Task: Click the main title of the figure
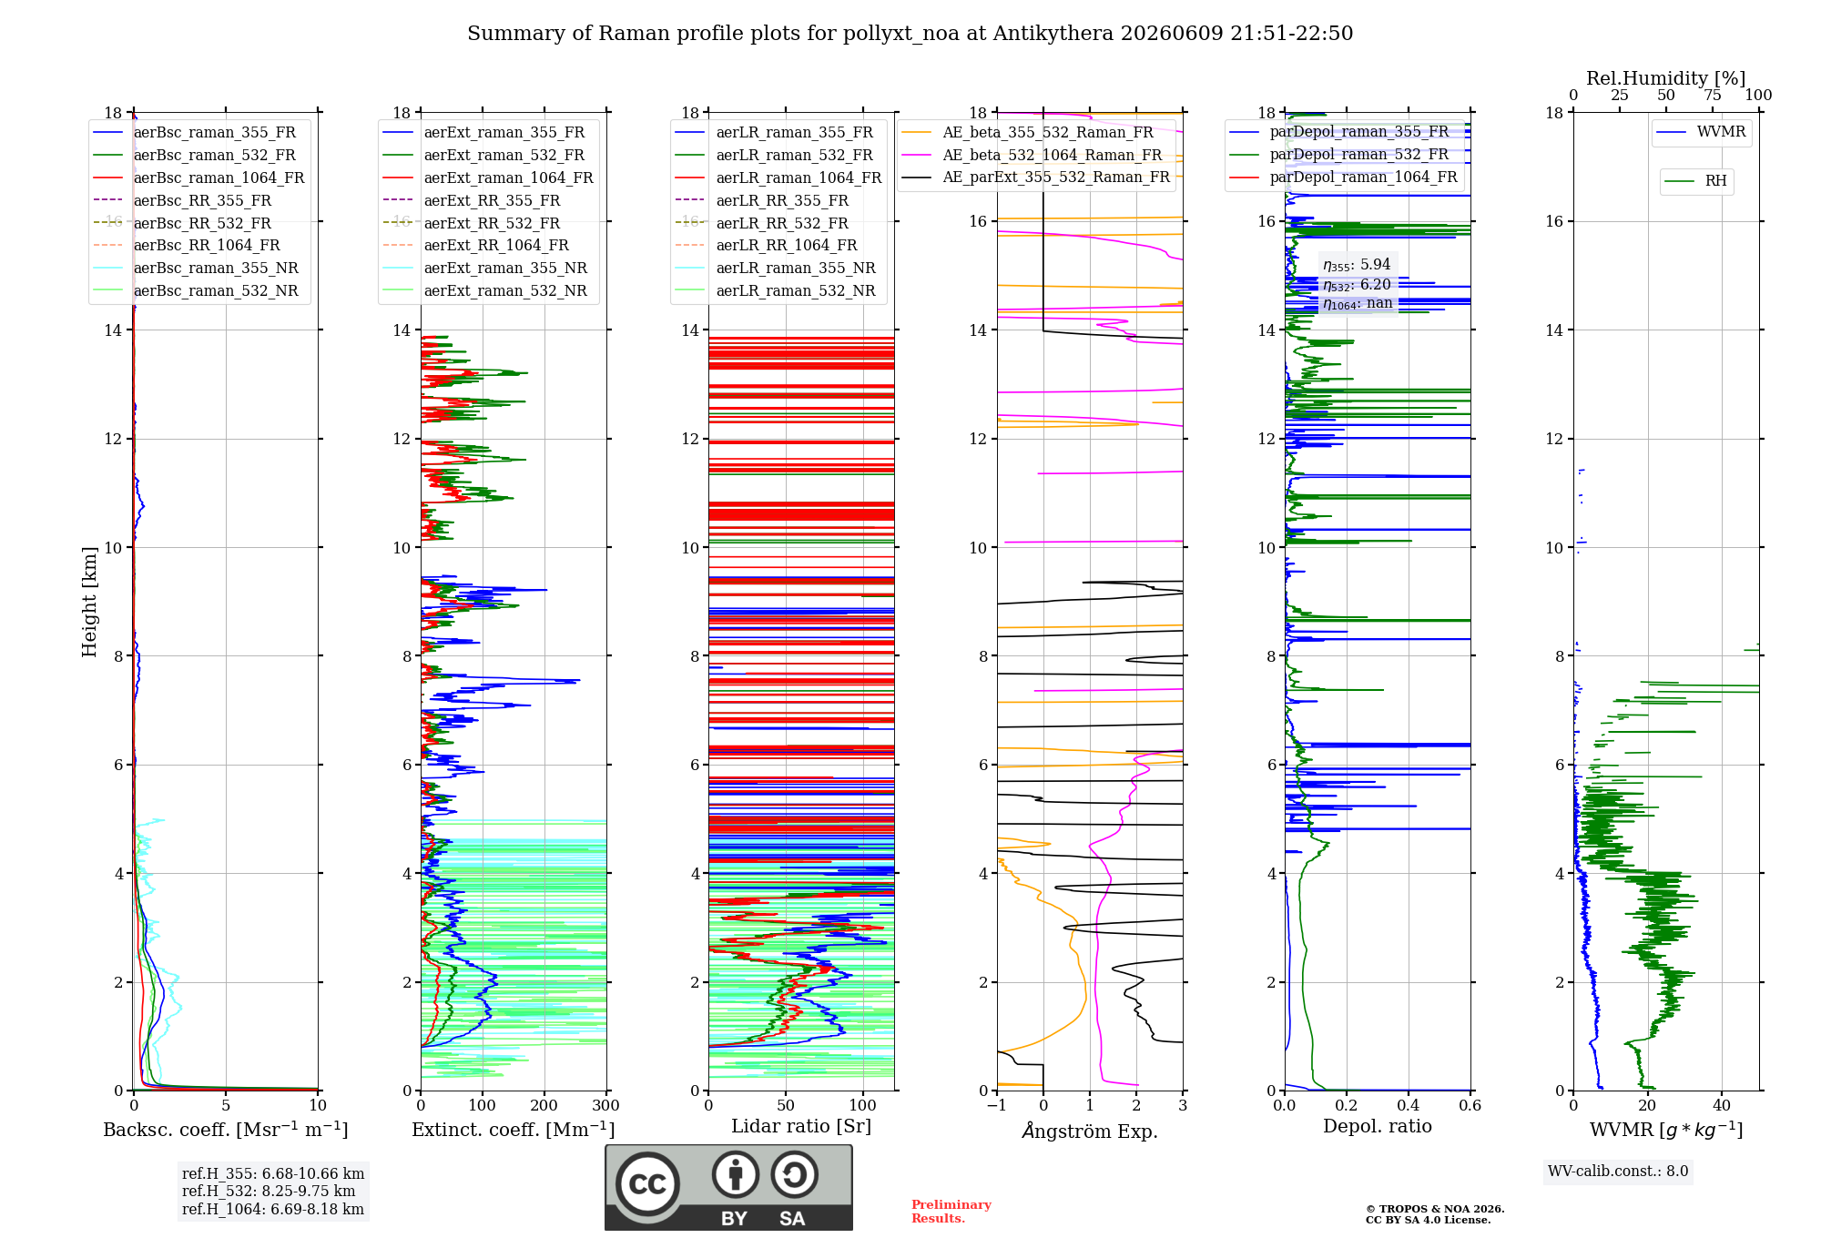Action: pyautogui.click(x=910, y=34)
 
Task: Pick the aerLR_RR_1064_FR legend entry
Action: pyautogui.click(x=778, y=245)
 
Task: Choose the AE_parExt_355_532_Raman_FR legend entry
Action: pyautogui.click(x=1036, y=177)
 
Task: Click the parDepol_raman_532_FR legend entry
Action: pyautogui.click(x=1339, y=154)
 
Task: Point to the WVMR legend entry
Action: pyautogui.click(x=1702, y=132)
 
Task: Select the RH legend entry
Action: pyautogui.click(x=1696, y=181)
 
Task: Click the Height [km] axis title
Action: pyautogui.click(x=89, y=602)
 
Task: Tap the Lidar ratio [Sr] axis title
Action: pyautogui.click(x=801, y=1126)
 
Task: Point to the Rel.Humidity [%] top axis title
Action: pyautogui.click(x=1666, y=78)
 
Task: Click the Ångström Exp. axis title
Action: pyautogui.click(x=1090, y=1131)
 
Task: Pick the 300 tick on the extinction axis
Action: pyautogui.click(x=605, y=1106)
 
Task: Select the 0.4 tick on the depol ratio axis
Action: pyautogui.click(x=1409, y=1106)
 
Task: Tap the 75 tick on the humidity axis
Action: pyautogui.click(x=1713, y=95)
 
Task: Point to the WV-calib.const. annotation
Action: pyautogui.click(x=1618, y=1172)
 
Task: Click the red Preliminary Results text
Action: pyautogui.click(x=951, y=1212)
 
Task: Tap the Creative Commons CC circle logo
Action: pyautogui.click(x=647, y=1184)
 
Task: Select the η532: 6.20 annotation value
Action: pyautogui.click(x=1357, y=284)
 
